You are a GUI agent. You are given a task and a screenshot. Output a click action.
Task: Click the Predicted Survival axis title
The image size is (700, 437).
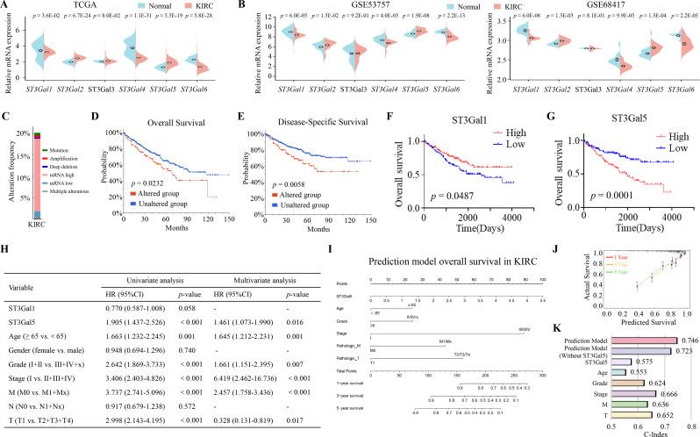point(628,322)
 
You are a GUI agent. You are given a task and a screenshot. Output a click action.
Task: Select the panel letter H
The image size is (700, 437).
point(6,250)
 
